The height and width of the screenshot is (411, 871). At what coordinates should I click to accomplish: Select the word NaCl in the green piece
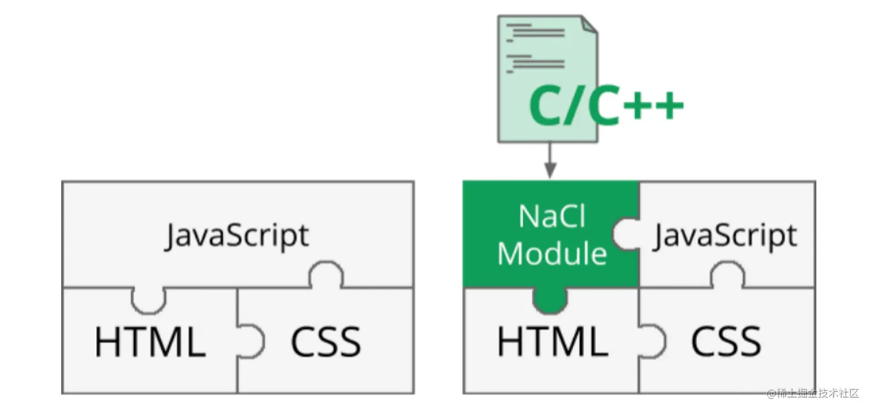point(552,216)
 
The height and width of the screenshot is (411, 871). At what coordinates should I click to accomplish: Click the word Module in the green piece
point(552,253)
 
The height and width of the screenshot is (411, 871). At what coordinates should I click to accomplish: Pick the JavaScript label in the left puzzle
point(237,236)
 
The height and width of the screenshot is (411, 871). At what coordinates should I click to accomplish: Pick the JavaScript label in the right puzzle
point(725,236)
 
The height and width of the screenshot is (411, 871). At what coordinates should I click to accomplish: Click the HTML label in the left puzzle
point(150,341)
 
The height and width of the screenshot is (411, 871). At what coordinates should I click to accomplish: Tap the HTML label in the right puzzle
point(552,341)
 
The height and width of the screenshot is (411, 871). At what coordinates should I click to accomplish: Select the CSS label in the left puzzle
point(325,341)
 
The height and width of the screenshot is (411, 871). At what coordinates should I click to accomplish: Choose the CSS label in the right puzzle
point(726,341)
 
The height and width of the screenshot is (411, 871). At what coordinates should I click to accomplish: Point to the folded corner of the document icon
point(589,24)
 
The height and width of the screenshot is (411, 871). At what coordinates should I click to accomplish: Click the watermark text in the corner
point(812,394)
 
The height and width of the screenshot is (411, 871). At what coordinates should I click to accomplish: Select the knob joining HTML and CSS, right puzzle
point(653,341)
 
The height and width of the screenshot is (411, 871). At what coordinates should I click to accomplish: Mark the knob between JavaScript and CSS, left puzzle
point(326,275)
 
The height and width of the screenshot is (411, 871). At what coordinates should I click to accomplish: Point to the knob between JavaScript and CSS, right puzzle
point(727,275)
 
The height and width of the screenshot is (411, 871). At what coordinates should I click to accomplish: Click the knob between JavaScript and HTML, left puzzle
point(149,300)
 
